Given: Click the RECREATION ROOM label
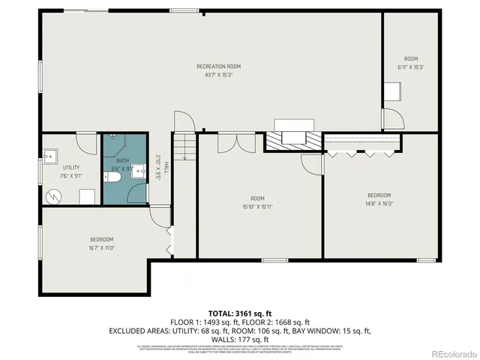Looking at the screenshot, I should pyautogui.click(x=218, y=67).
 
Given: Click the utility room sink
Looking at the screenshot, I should pyautogui.click(x=49, y=157).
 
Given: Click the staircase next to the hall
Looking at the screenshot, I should pyautogui.click(x=184, y=157).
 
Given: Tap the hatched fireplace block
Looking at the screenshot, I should pyautogui.click(x=292, y=138).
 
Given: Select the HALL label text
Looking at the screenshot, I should pyautogui.click(x=166, y=169).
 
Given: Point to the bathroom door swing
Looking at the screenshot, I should pyautogui.click(x=137, y=193).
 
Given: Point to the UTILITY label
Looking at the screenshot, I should pyautogui.click(x=71, y=167).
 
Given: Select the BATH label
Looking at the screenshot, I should pyautogui.click(x=122, y=160).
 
